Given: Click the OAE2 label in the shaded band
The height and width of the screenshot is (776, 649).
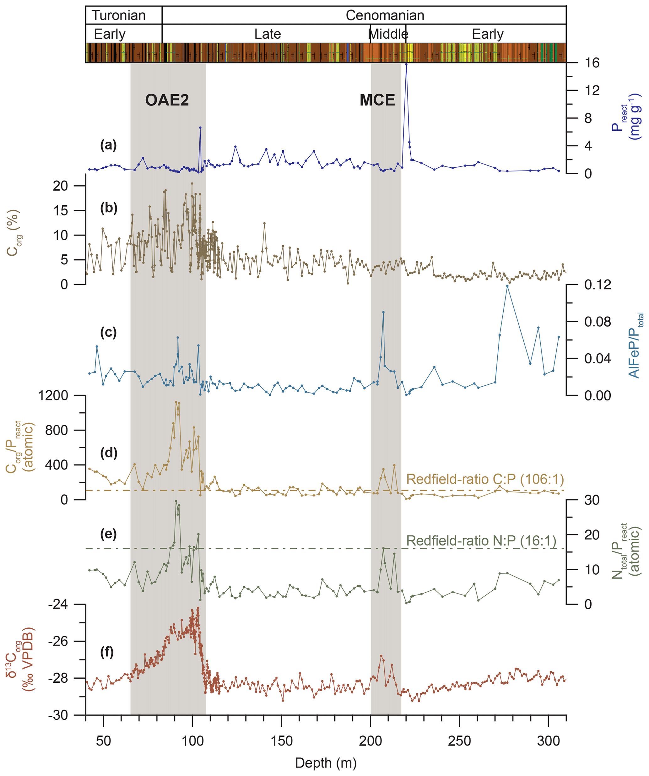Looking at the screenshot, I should [x=167, y=100].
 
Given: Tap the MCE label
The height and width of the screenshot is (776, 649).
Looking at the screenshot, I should [x=377, y=100].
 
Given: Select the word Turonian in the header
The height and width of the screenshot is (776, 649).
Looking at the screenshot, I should [x=119, y=15].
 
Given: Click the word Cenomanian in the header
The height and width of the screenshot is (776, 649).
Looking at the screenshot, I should [x=385, y=15].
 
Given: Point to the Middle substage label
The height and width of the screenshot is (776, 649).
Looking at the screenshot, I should [x=388, y=34].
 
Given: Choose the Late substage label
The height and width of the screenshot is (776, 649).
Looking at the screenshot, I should [x=268, y=34].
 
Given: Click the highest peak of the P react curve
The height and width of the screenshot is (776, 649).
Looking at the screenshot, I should [x=406, y=64].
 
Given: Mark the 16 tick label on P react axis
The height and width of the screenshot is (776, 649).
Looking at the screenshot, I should [x=592, y=63].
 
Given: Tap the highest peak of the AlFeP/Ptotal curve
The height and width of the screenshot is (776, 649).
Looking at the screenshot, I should [x=507, y=286].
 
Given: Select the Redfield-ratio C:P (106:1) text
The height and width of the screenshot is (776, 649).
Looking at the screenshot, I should [x=485, y=479].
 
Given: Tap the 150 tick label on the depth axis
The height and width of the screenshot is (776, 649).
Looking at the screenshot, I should [x=281, y=741].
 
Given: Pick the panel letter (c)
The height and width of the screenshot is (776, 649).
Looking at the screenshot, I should [x=109, y=332].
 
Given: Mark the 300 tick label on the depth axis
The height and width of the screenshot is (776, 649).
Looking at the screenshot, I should [x=549, y=741].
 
